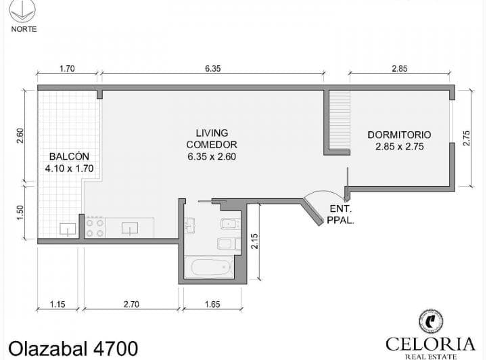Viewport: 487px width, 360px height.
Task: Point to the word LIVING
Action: point(212,133)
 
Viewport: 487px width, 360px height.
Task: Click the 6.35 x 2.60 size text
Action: point(212,156)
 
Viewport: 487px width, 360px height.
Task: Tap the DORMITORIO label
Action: point(399,135)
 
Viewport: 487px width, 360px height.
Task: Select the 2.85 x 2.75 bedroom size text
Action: point(399,146)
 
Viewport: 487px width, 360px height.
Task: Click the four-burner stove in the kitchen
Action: point(95,227)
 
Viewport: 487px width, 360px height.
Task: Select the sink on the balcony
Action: point(68,229)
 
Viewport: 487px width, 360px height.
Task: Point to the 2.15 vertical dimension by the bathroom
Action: point(254,241)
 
